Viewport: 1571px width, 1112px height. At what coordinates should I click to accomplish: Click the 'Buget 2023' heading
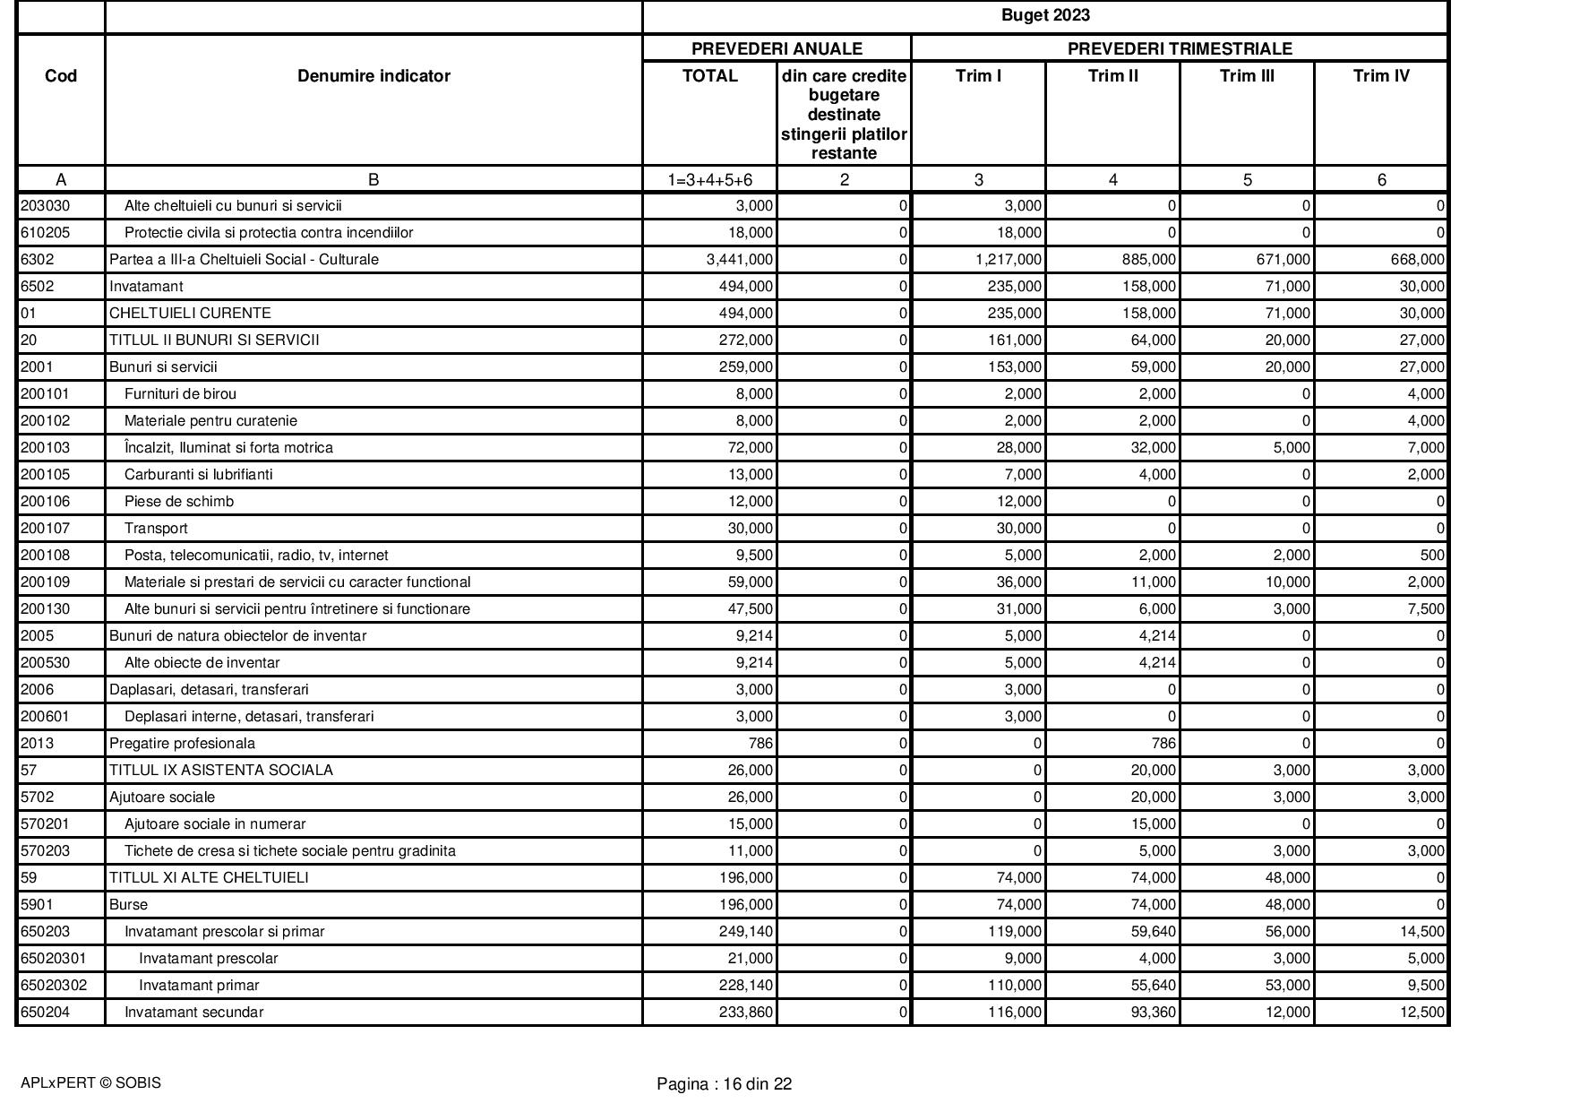[1044, 15]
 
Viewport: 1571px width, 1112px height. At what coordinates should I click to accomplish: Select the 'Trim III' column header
[1247, 76]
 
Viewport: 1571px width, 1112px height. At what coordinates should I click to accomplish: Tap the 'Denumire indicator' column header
[373, 76]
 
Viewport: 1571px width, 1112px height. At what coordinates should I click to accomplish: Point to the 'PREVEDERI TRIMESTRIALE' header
[1179, 48]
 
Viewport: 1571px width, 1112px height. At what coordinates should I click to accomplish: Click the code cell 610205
[45, 233]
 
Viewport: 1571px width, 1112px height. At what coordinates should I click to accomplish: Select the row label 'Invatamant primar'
[199, 986]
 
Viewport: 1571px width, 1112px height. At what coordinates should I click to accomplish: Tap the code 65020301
[54, 959]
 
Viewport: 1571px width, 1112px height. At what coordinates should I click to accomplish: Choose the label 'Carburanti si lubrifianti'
[198, 475]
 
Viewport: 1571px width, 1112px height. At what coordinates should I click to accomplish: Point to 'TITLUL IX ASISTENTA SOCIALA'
[220, 771]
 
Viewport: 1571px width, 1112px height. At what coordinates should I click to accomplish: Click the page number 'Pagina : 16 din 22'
[724, 1084]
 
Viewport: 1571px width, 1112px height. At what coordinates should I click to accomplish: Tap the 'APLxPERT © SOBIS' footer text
[90, 1082]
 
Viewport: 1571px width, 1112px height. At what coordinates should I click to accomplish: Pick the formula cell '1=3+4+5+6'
[709, 180]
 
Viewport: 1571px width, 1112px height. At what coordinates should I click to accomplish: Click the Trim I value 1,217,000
[1009, 260]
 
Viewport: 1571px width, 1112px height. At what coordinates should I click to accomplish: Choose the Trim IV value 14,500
[1420, 932]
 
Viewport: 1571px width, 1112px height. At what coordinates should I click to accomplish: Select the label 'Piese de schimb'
[178, 502]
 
